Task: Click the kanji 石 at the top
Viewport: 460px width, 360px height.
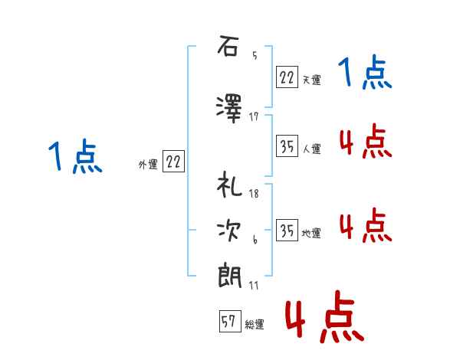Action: click(228, 46)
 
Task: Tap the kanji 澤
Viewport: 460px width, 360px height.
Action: click(228, 109)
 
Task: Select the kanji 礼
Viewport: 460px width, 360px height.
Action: click(229, 184)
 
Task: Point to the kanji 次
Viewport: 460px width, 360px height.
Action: click(229, 231)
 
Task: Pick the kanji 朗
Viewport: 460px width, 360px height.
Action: click(230, 277)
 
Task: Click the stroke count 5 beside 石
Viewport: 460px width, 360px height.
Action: click(255, 55)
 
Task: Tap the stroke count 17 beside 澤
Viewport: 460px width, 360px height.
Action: click(254, 116)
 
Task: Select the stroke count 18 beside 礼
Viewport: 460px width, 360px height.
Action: click(254, 194)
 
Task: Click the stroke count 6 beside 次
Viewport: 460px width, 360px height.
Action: click(255, 240)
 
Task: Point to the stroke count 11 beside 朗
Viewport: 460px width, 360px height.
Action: click(254, 285)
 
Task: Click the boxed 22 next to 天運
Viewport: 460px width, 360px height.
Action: click(287, 77)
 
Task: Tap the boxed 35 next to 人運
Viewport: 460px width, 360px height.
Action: click(287, 146)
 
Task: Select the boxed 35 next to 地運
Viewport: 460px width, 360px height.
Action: click(287, 230)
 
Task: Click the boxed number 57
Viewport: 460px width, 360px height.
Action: click(230, 321)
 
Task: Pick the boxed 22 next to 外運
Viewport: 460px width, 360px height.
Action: click(173, 161)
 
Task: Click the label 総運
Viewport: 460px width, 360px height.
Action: click(255, 325)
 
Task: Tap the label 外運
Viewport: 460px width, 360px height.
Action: click(148, 165)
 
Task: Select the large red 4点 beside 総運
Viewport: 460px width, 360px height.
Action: click(325, 317)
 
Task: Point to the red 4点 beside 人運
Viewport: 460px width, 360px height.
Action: click(366, 141)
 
